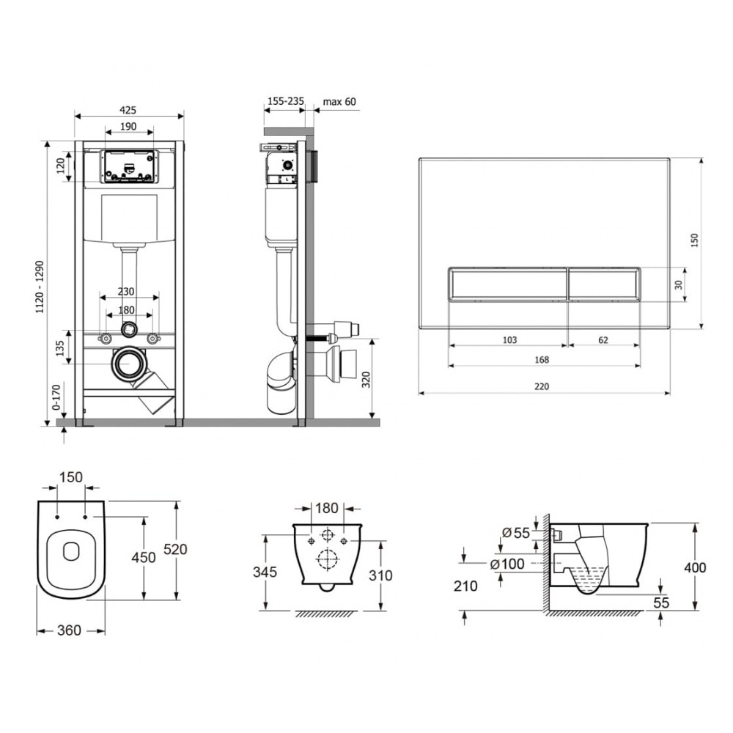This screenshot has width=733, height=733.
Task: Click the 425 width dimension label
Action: pyautogui.click(x=128, y=110)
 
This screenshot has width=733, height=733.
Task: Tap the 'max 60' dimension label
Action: pyautogui.click(x=339, y=101)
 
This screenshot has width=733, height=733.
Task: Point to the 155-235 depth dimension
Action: pyautogui.click(x=286, y=100)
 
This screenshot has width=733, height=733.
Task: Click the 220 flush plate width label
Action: pyautogui.click(x=542, y=386)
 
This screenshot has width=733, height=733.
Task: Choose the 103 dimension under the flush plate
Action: pyautogui.click(x=509, y=340)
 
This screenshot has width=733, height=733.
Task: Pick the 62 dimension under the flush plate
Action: pyautogui.click(x=603, y=340)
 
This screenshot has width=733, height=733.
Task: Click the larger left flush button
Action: pyautogui.click(x=508, y=284)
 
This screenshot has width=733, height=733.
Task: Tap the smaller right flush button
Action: pyautogui.click(x=604, y=284)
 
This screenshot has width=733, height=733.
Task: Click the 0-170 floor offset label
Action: pyautogui.click(x=56, y=397)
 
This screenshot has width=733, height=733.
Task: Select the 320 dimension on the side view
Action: pyautogui.click(x=366, y=379)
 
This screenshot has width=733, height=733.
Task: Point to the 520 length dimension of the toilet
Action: pyautogui.click(x=175, y=549)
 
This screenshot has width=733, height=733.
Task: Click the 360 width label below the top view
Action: pyautogui.click(x=69, y=630)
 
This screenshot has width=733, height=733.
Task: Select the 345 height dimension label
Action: pyautogui.click(x=265, y=572)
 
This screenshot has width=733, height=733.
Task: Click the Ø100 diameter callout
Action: pyautogui.click(x=507, y=564)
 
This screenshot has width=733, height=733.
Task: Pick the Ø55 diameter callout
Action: pyautogui.click(x=516, y=533)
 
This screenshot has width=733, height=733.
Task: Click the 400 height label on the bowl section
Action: pyautogui.click(x=695, y=568)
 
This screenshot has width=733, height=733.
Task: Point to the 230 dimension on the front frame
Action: pyautogui.click(x=126, y=292)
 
